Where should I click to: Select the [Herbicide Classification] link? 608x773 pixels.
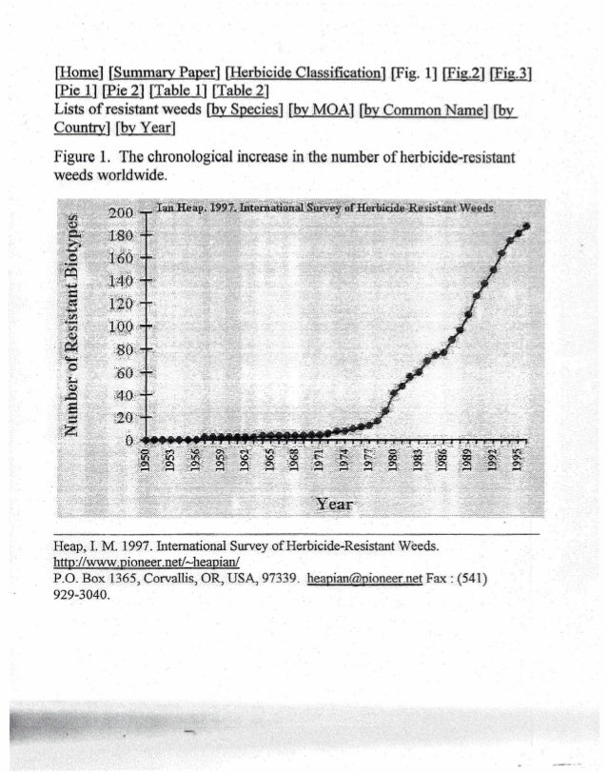coord(306,72)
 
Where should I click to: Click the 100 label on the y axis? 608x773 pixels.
coord(121,326)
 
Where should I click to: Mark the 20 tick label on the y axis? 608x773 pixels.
coord(125,417)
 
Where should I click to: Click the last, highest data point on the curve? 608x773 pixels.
coord(526,226)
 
